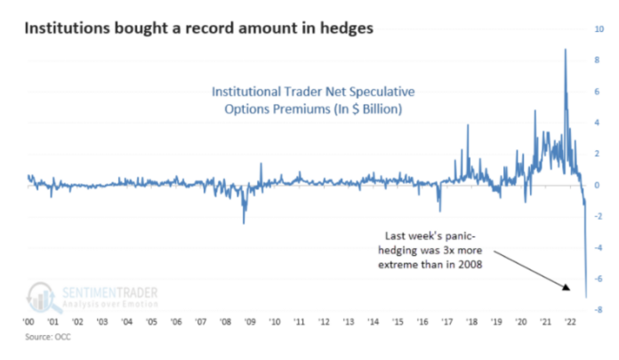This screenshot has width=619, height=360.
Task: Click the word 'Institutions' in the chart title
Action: [x=67, y=28]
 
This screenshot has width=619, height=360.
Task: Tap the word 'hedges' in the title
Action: [x=347, y=28]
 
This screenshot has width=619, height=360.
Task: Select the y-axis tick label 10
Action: [x=599, y=28]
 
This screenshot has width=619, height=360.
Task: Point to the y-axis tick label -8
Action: [x=599, y=310]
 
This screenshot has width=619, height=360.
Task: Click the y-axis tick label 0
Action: [x=597, y=185]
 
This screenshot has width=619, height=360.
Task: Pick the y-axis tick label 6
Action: [x=597, y=92]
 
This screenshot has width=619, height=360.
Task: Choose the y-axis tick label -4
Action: [x=599, y=248]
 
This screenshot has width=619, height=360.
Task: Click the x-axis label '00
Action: [x=28, y=322]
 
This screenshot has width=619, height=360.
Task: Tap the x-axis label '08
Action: [x=225, y=322]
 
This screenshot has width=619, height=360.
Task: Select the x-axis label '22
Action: [x=570, y=322]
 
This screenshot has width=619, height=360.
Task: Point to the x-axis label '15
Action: [x=398, y=322]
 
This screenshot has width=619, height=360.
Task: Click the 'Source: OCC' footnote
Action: [x=48, y=337]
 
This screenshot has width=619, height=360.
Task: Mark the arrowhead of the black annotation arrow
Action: [x=567, y=287]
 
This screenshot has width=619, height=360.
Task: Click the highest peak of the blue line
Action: [x=566, y=49]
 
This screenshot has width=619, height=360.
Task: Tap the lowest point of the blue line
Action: [x=586, y=297]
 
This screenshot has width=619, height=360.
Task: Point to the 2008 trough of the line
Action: [x=244, y=223]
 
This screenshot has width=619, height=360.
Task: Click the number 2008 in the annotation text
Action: [x=470, y=265]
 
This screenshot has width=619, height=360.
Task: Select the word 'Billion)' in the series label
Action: [x=382, y=109]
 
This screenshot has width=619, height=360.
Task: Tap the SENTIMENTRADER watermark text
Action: [x=109, y=293]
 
